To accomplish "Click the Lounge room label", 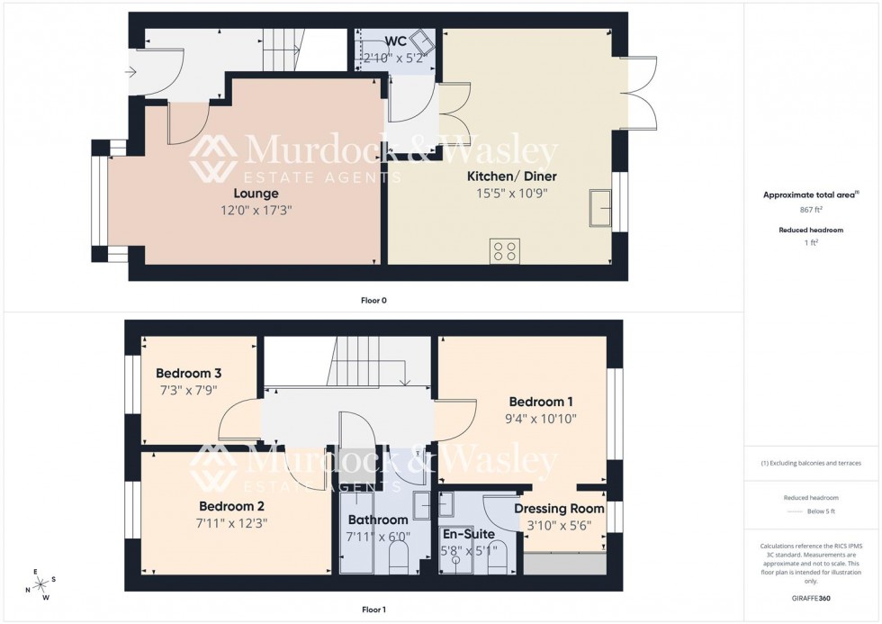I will point(256,194).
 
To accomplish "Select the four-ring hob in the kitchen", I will point(504,249).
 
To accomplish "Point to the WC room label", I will point(395,42).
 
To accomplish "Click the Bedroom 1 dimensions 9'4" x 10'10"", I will point(542,419).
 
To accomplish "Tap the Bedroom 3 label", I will point(188,374).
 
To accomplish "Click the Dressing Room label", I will point(559,509).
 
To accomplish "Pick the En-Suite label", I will point(467,534).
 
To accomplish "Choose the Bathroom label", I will point(378,520).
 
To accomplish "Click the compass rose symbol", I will point(40,583).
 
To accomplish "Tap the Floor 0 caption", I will point(373,300).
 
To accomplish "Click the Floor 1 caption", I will point(373,610).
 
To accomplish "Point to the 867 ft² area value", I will point(812,210).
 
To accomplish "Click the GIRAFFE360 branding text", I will point(812,598).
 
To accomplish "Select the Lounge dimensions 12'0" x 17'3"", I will point(256,210).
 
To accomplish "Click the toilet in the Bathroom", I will point(400,561).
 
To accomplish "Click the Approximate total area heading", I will point(810,194).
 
